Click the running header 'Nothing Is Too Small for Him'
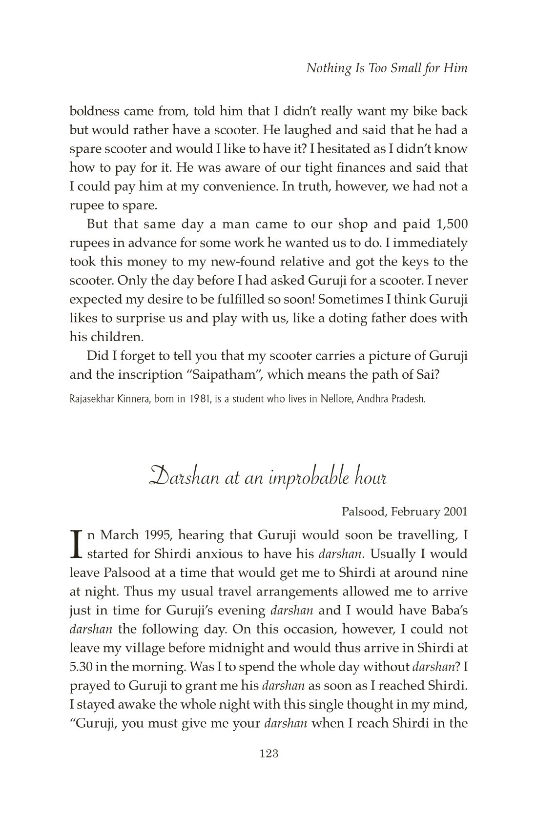[387, 68]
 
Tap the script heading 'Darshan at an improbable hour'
[268, 477]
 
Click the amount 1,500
[450, 224]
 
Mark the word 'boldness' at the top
[94, 111]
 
